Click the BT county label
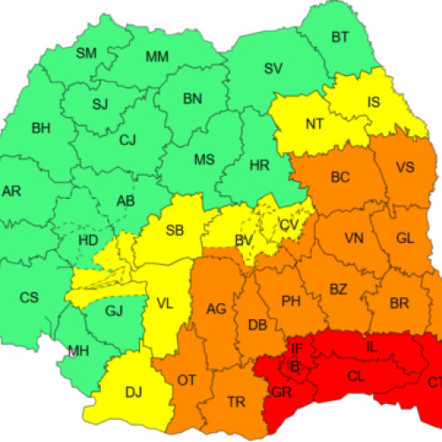[340, 37]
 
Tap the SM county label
[86, 53]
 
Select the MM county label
[156, 57]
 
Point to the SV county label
[273, 68]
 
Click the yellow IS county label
[374, 103]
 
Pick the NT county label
[315, 124]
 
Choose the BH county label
[41, 128]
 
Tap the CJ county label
[127, 139]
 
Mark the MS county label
[204, 159]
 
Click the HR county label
[260, 165]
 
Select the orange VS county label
[405, 167]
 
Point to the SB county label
[174, 232]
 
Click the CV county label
[288, 225]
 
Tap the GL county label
[405, 238]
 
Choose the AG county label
[217, 309]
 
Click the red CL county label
[355, 377]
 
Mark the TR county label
[236, 402]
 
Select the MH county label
[79, 352]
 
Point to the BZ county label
[338, 289]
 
